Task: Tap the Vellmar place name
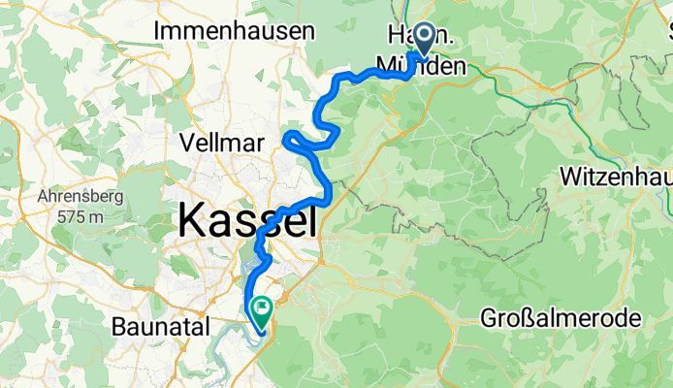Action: pos(222,143)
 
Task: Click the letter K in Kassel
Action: pos(192,222)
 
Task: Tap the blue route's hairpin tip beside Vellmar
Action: pos(286,142)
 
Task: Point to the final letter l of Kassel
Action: pos(311,222)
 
